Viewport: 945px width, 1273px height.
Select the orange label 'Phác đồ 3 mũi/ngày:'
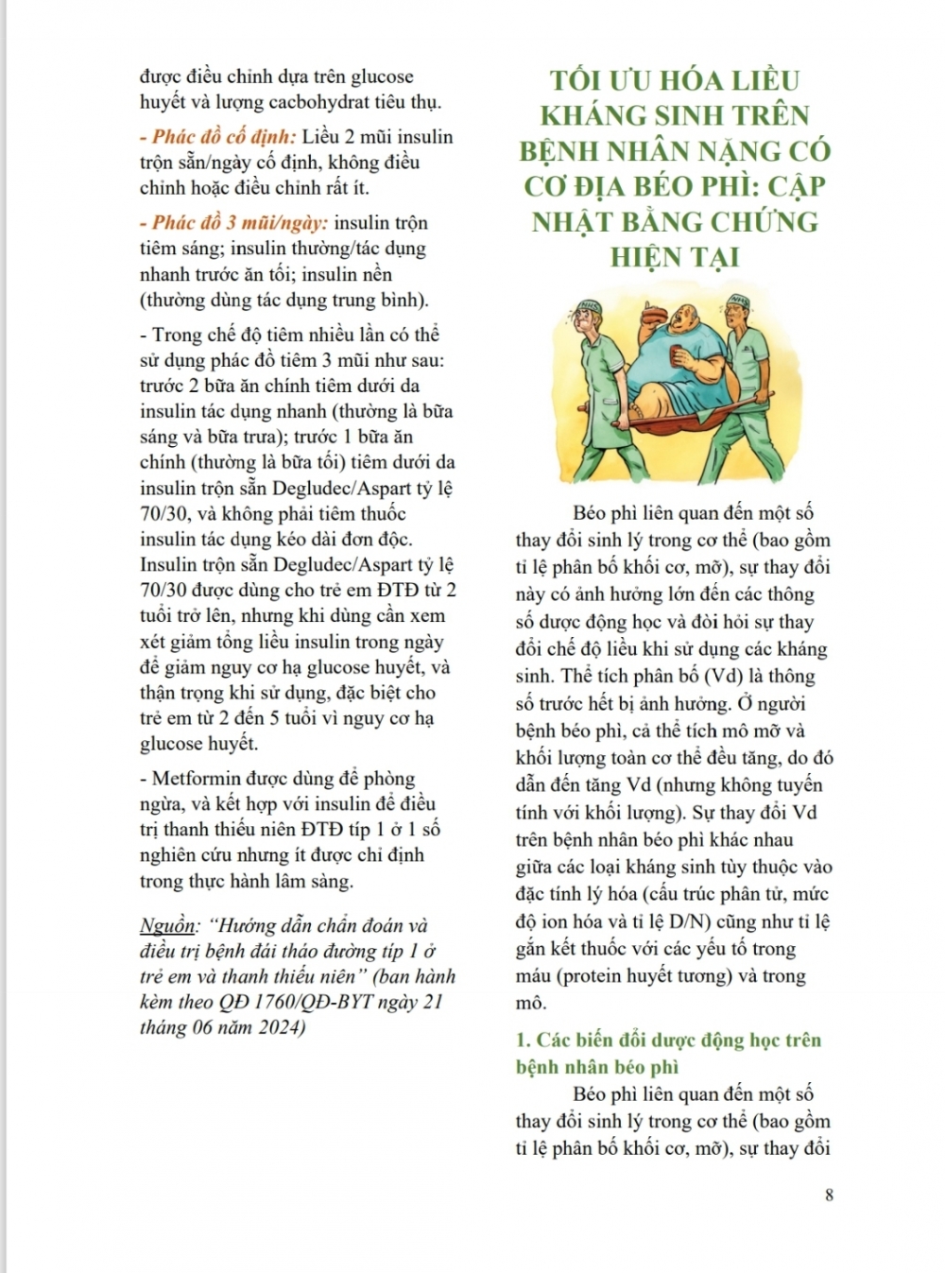click(x=240, y=223)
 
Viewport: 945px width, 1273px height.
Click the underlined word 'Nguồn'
click(x=168, y=925)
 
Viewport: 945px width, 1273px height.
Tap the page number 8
click(x=829, y=1194)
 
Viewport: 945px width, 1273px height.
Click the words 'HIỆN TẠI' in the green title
click(x=674, y=257)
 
